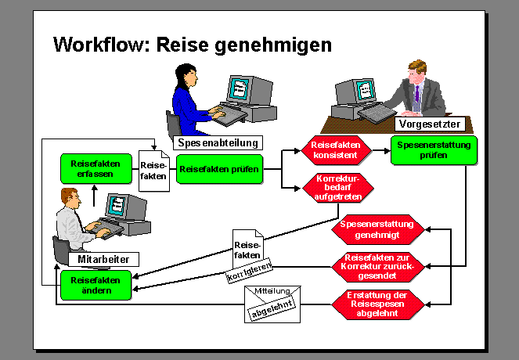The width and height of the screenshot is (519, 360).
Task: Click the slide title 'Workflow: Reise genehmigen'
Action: click(193, 45)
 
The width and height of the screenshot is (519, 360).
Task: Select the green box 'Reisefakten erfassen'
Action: click(92, 168)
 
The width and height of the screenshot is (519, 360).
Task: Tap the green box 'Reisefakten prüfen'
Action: click(219, 168)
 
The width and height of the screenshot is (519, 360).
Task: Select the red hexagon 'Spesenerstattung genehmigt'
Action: click(378, 229)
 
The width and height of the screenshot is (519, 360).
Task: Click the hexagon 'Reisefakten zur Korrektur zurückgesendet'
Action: click(378, 265)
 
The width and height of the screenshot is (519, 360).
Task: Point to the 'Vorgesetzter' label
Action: click(429, 124)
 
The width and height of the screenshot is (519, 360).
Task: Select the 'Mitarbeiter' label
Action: click(103, 259)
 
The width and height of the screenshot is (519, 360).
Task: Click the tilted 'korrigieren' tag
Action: click(248, 272)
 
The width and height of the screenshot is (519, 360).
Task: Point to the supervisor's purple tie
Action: click(417, 97)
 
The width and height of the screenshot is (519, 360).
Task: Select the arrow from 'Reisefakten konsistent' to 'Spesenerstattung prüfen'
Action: click(379, 150)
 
